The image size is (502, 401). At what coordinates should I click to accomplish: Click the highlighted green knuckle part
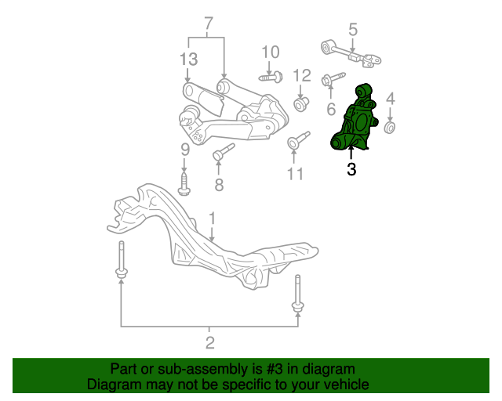point(355,120)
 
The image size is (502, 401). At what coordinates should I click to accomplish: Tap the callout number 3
point(351,169)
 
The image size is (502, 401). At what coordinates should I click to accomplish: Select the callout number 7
point(208,23)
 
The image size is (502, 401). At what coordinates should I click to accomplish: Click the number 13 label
point(188,60)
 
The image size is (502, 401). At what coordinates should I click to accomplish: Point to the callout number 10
point(271,52)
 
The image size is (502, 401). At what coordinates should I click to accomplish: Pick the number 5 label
point(352,30)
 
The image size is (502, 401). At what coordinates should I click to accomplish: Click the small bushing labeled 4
point(390,128)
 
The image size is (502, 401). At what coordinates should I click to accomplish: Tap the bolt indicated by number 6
point(333,78)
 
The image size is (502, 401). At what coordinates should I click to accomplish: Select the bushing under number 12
point(301,104)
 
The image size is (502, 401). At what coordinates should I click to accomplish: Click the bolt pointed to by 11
point(298,140)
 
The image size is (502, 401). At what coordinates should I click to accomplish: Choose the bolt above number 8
point(224,152)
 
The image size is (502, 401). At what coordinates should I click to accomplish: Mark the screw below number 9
point(184,185)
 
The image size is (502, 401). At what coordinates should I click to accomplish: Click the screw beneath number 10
point(271,77)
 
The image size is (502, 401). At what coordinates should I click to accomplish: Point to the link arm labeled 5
point(351,53)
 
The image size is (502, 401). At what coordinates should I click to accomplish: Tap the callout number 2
point(209,343)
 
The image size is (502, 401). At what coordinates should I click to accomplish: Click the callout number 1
point(212,219)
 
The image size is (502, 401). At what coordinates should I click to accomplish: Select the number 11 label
point(295,175)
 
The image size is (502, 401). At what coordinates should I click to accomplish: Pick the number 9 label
point(185,150)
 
